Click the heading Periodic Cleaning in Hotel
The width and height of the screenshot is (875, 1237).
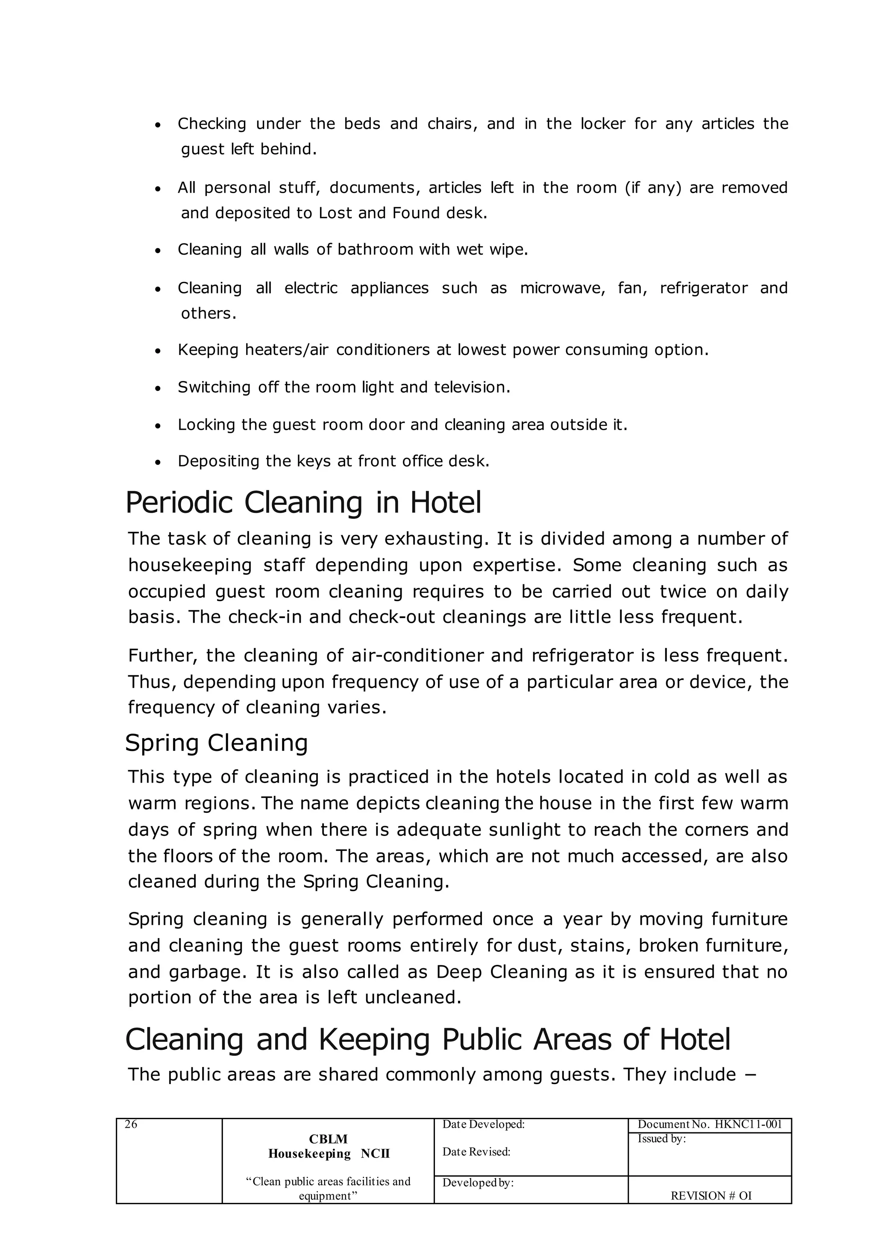tap(303, 503)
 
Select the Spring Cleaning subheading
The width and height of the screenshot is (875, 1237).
tap(217, 743)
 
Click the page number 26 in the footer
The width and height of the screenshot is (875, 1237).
tap(131, 1124)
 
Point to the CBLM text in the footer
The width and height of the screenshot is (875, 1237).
tap(328, 1139)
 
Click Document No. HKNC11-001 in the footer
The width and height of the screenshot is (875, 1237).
tap(710, 1124)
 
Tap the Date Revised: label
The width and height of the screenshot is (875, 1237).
tap(476, 1152)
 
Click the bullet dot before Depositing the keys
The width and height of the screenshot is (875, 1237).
tap(158, 462)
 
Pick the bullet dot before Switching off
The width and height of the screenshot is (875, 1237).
tap(158, 388)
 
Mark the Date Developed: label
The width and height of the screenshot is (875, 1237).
tap(483, 1124)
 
